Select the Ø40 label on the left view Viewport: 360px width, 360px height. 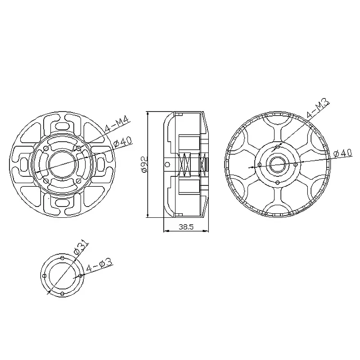[122, 142]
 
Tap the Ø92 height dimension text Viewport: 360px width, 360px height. [144, 164]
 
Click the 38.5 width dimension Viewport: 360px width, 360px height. [185, 228]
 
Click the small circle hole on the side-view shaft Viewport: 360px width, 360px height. [167, 164]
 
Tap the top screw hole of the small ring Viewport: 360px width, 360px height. [62, 258]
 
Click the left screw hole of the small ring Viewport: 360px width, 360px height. [44, 276]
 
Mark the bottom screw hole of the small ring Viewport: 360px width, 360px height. [62, 293]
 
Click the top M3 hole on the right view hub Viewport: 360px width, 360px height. [278, 146]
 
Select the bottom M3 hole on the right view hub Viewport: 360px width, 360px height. [278, 182]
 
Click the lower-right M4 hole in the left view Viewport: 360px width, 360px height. [79, 180]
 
